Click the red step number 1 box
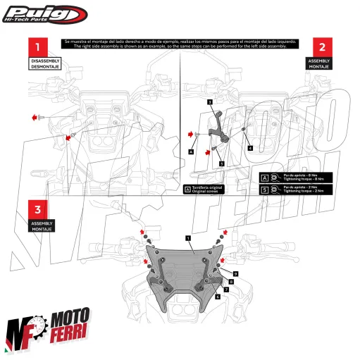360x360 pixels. tap(39, 47)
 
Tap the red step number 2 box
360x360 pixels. tap(321, 47)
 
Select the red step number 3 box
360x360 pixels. tap(39, 209)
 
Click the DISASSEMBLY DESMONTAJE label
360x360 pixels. tap(45, 65)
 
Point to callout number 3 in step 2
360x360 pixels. tap(210, 103)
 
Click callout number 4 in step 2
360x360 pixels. tap(250, 148)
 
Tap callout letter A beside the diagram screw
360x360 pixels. tap(191, 151)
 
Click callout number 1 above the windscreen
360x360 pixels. tap(189, 240)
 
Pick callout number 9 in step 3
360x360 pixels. tap(236, 273)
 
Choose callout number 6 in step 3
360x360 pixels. tap(230, 281)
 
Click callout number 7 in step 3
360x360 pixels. tap(226, 289)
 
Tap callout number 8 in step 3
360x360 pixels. tap(218, 297)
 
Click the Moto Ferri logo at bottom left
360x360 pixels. tap(49, 331)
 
